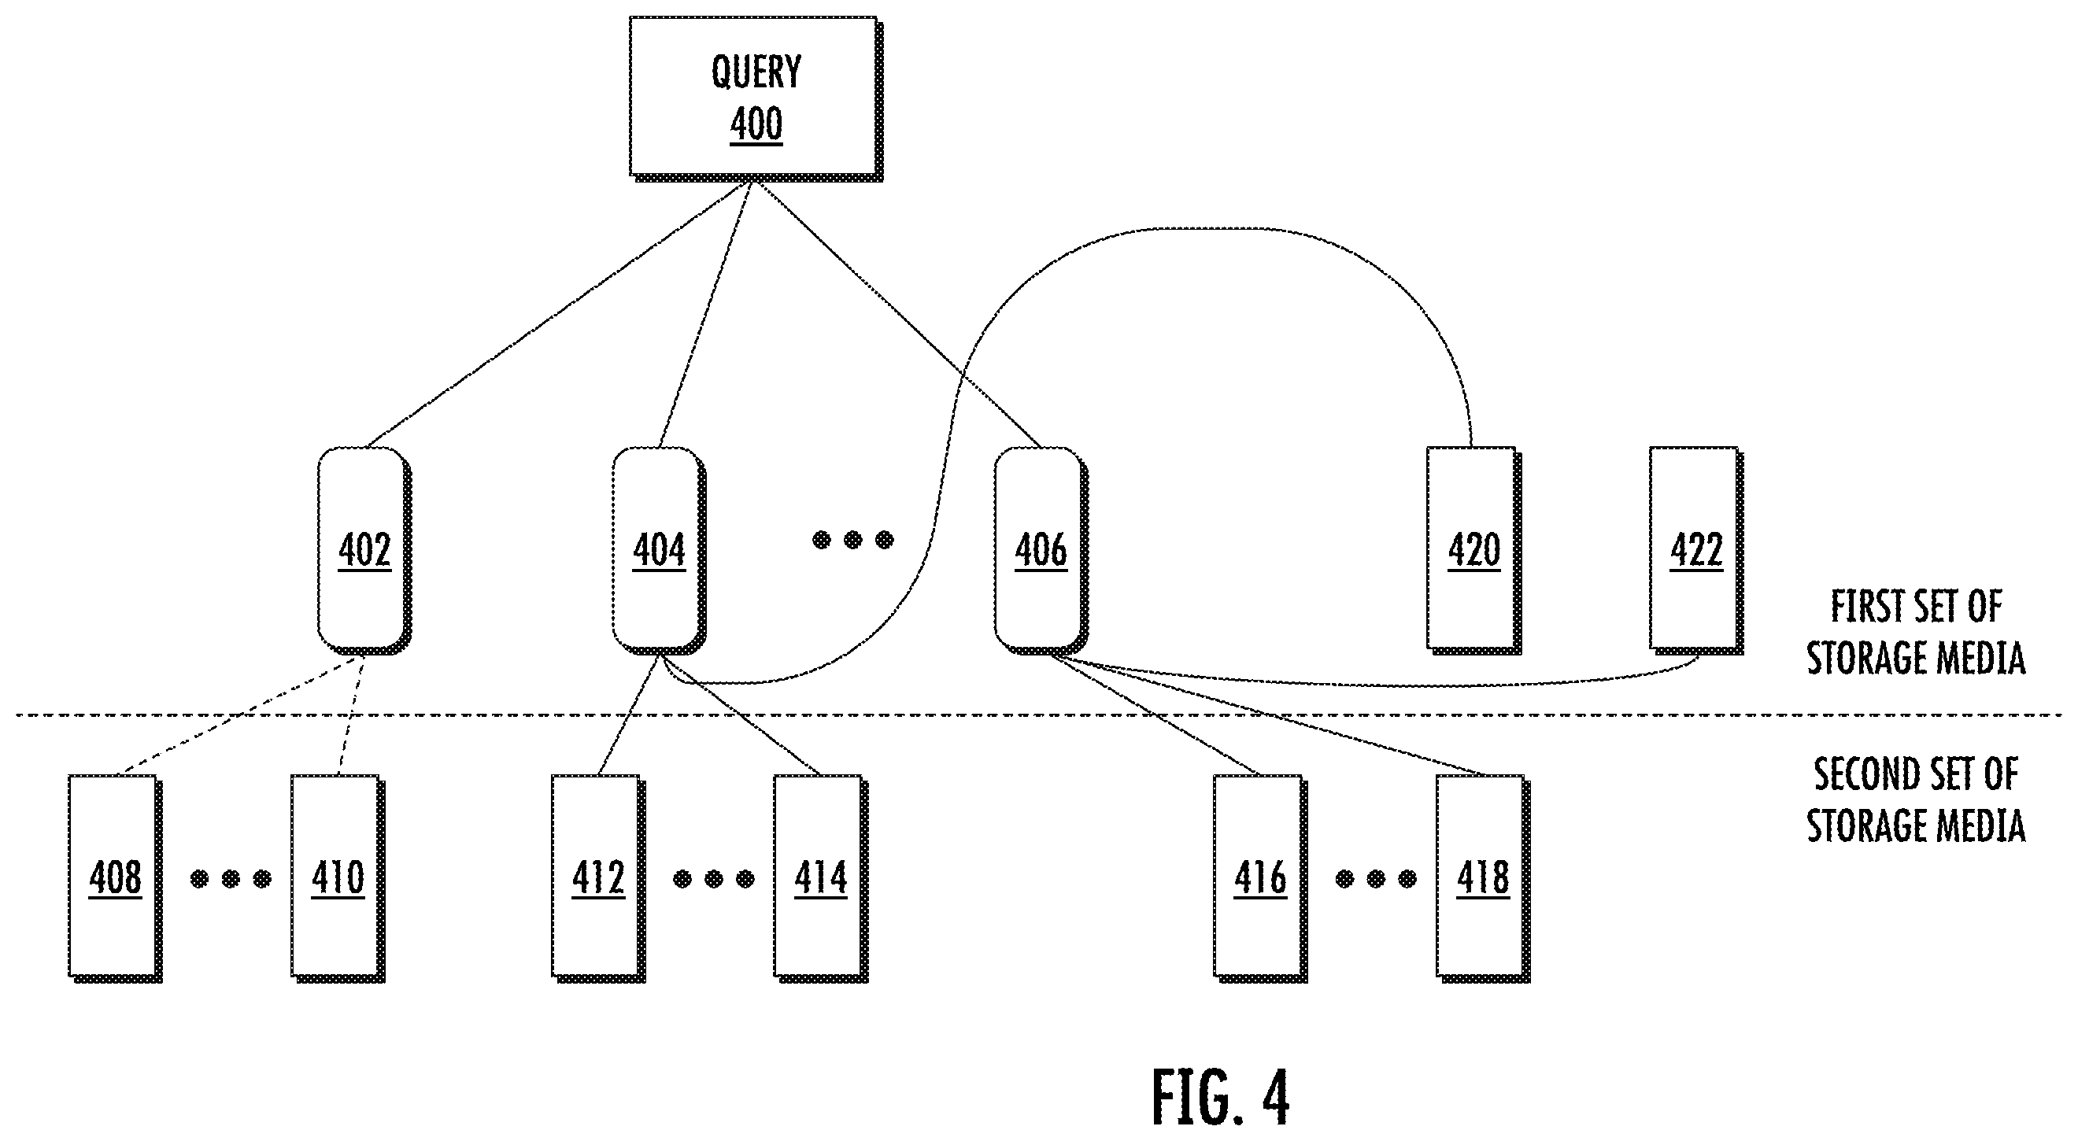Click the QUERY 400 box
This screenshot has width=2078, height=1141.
click(x=756, y=98)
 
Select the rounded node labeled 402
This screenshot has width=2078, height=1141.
click(x=364, y=551)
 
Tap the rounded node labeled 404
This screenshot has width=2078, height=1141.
click(x=659, y=551)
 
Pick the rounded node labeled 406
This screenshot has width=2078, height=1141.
click(x=1041, y=551)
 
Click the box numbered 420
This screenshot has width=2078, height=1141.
click(x=1473, y=550)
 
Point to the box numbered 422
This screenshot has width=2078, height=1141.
click(x=1696, y=550)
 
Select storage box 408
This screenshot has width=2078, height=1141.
click(x=116, y=879)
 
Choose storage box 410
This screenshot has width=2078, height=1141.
click(x=338, y=879)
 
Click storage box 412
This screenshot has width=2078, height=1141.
click(x=598, y=879)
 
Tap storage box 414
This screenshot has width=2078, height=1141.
click(x=821, y=879)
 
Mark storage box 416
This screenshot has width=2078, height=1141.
click(x=1261, y=879)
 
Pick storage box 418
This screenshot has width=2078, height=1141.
click(x=1484, y=879)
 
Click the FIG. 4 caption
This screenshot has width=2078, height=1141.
click(x=1221, y=1097)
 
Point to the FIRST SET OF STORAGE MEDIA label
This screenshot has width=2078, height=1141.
click(x=1916, y=633)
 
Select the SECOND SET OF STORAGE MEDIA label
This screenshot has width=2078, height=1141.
click(x=1916, y=800)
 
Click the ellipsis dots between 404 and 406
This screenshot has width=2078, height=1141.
click(x=852, y=540)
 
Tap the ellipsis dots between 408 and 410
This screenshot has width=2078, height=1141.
click(x=231, y=879)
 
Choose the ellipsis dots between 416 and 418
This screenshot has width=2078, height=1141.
click(x=1376, y=879)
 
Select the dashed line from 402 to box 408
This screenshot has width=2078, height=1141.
click(x=240, y=715)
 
